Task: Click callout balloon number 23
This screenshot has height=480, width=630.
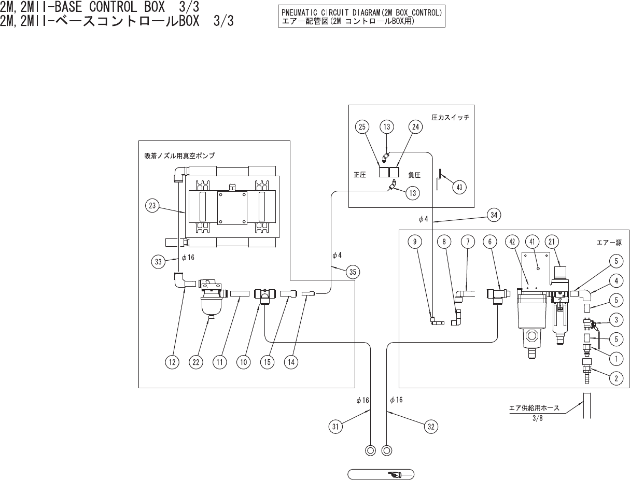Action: pos(152,205)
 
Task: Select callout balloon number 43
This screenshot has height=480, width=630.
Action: pos(459,187)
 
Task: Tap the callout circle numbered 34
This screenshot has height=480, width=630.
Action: pos(494,215)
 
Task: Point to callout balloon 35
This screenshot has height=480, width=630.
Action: pos(353,272)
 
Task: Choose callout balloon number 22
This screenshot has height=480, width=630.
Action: pos(196,362)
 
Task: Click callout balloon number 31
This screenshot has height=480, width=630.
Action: pos(335,427)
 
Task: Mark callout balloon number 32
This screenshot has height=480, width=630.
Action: pos(431,427)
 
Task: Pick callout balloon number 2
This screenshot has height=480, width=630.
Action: pos(616,378)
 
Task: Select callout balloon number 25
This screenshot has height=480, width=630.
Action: pos(362,127)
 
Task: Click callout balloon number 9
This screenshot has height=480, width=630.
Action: pos(415,242)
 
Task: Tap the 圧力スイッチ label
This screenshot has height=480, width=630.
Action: pos(450,117)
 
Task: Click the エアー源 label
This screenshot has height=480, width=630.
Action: pos(609,243)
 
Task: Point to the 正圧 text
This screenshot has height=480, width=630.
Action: pos(360,175)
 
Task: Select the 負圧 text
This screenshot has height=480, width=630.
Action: pos(414,175)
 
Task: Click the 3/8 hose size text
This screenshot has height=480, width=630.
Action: pos(538,418)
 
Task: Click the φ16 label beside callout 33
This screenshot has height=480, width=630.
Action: pos(188,257)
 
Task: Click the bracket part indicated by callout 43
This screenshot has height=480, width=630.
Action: pos(439,179)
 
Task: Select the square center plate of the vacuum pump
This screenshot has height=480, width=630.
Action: pos(232,208)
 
